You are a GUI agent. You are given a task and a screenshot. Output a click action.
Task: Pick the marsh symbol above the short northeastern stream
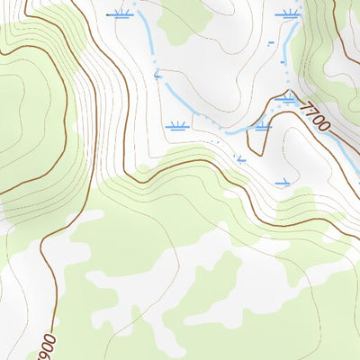(289, 14)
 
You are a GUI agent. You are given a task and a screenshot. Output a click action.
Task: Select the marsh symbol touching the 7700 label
(288, 99)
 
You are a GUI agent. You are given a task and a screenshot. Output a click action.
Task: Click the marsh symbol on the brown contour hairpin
(262, 127)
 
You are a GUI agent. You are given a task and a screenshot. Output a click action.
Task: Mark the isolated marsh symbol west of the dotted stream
(176, 127)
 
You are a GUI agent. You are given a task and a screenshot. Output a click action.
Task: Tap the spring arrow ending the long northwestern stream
(157, 77)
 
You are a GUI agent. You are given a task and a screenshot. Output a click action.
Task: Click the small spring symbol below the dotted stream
(240, 160)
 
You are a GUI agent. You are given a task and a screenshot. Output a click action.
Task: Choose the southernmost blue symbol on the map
(283, 183)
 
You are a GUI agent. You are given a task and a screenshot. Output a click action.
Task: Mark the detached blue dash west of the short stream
(271, 42)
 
